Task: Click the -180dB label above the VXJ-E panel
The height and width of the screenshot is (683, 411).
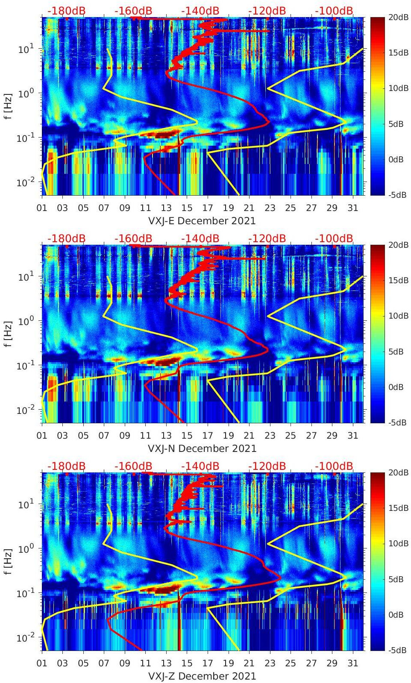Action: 66,11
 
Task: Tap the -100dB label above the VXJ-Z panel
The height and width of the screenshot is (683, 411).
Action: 334,466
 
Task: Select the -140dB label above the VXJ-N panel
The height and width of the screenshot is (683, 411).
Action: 200,238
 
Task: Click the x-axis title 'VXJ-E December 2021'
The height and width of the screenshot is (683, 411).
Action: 202,221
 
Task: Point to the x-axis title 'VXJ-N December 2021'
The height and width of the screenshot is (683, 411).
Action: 202,448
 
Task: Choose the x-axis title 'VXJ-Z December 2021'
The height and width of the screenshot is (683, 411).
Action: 202,676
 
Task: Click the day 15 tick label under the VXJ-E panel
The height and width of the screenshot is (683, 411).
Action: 187,208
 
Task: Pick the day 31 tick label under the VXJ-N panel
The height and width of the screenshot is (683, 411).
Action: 352,436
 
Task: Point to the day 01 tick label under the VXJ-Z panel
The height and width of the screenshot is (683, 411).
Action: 42,663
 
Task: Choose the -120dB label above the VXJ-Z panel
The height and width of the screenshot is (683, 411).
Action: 267,466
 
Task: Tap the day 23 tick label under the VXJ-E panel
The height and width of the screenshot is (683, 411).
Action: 270,208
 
